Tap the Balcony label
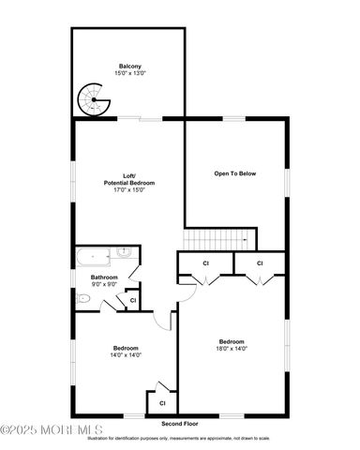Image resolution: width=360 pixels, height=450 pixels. (x=129, y=66)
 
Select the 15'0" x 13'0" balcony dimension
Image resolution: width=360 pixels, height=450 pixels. (x=129, y=73)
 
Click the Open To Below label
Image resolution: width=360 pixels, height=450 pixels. (x=234, y=173)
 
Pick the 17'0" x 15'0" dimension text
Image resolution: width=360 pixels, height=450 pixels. (x=129, y=190)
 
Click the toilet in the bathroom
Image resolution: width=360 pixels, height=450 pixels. (x=84, y=298)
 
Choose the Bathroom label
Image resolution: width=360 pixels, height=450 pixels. (x=104, y=277)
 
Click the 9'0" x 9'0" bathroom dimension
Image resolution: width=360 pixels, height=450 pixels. (x=104, y=285)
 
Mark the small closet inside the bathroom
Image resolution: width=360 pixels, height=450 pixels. (x=132, y=299)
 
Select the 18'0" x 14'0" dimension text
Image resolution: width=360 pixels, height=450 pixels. (x=232, y=349)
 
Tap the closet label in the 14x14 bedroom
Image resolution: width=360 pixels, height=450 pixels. (x=161, y=402)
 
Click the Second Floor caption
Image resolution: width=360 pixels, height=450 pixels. (x=180, y=425)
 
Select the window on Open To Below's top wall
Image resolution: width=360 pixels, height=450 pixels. (x=234, y=117)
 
